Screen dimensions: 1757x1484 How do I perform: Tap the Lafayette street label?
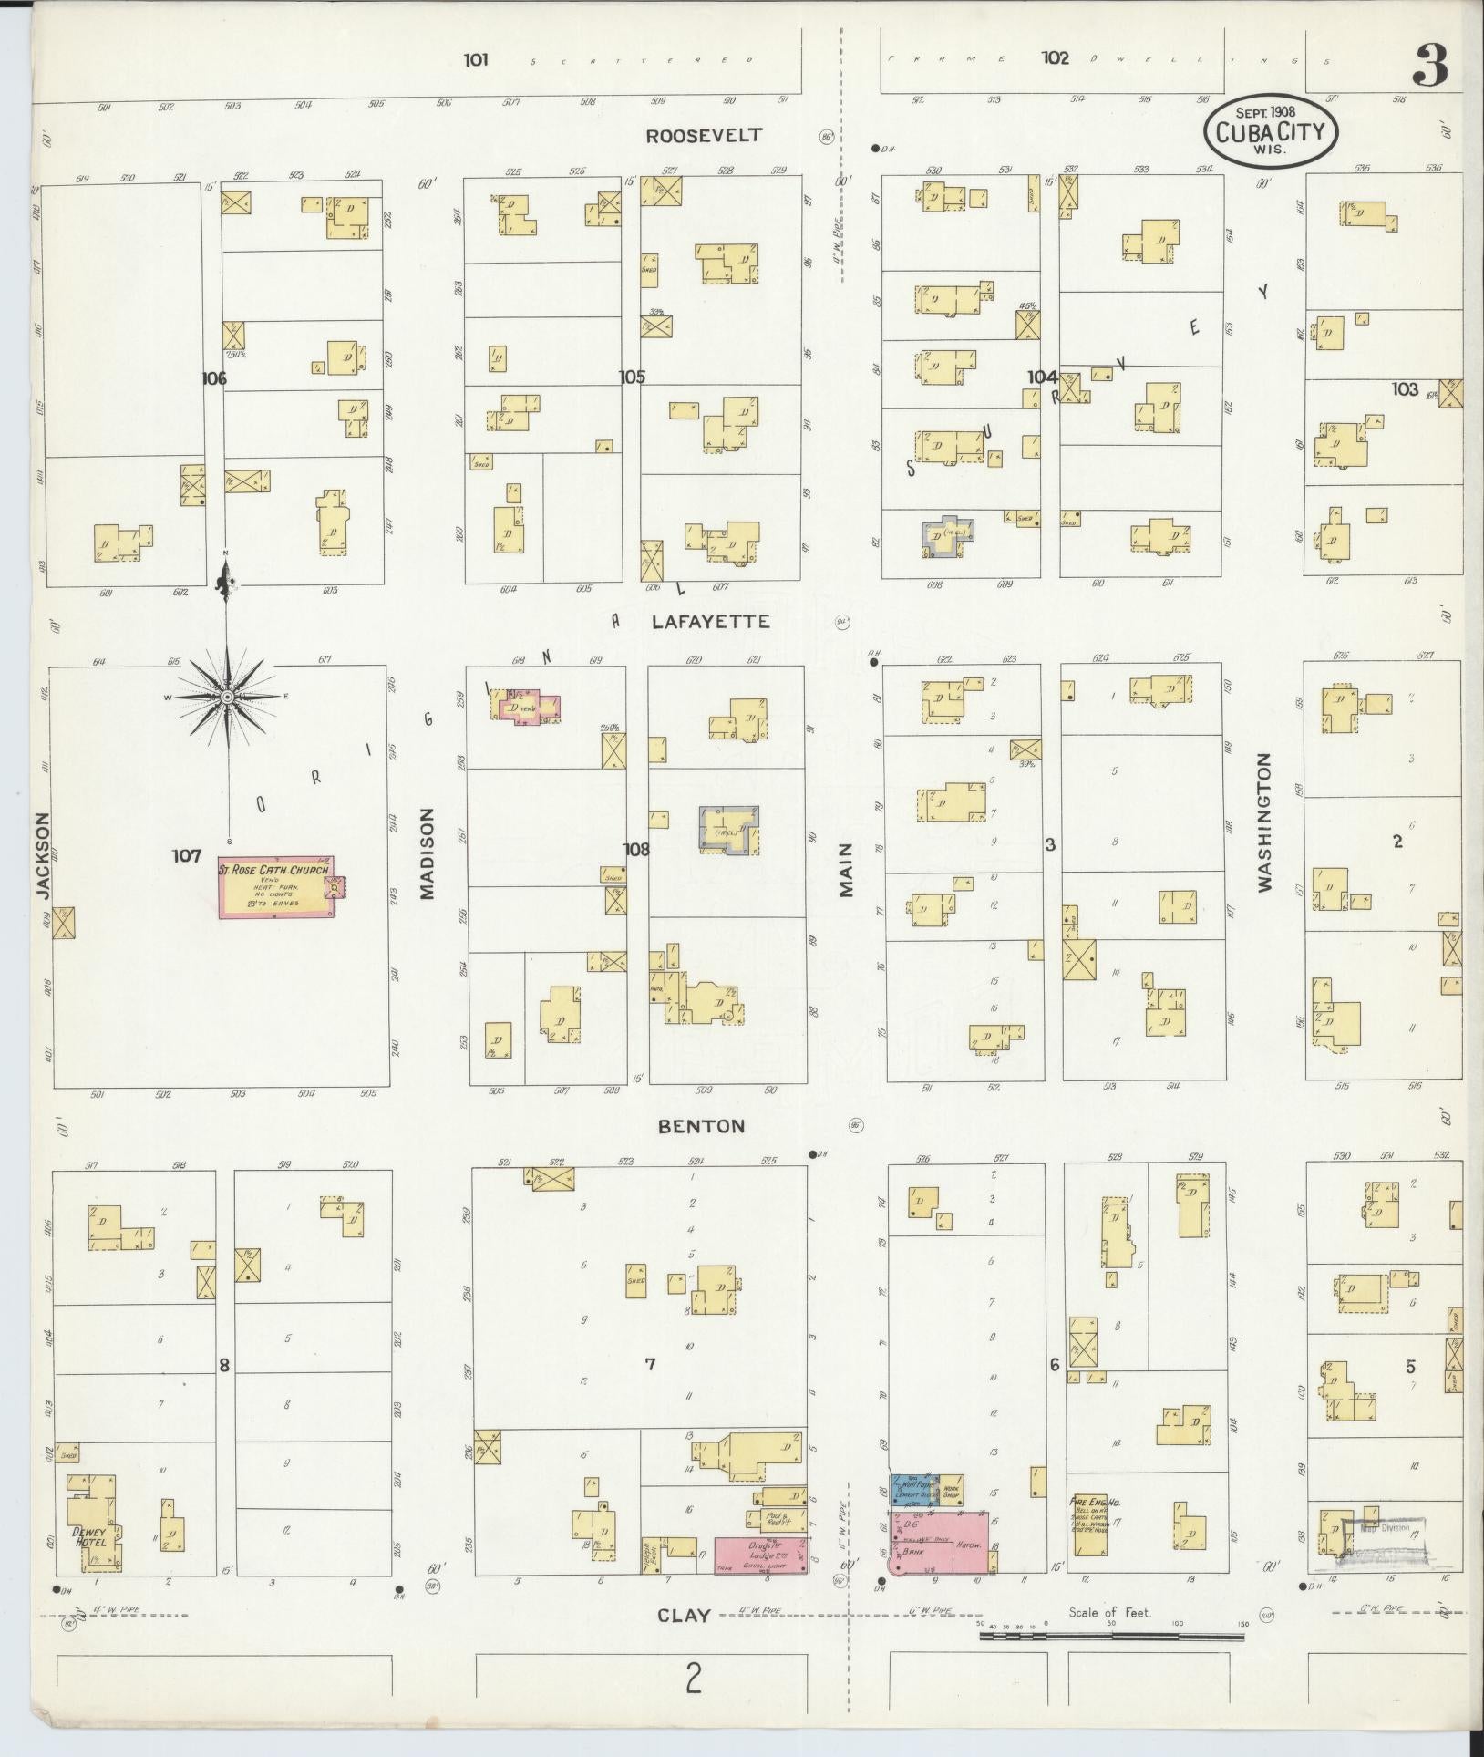710,623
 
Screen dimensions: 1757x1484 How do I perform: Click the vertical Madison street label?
428,853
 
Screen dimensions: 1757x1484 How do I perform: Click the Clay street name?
684,1615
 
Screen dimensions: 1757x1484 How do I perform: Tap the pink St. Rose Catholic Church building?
275,887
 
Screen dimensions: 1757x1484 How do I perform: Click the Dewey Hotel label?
91,1536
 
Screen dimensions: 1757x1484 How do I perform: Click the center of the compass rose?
226,698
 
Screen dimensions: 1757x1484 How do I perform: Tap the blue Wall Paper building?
914,1489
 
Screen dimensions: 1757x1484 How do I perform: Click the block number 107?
186,856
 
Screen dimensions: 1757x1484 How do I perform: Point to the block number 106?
214,377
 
